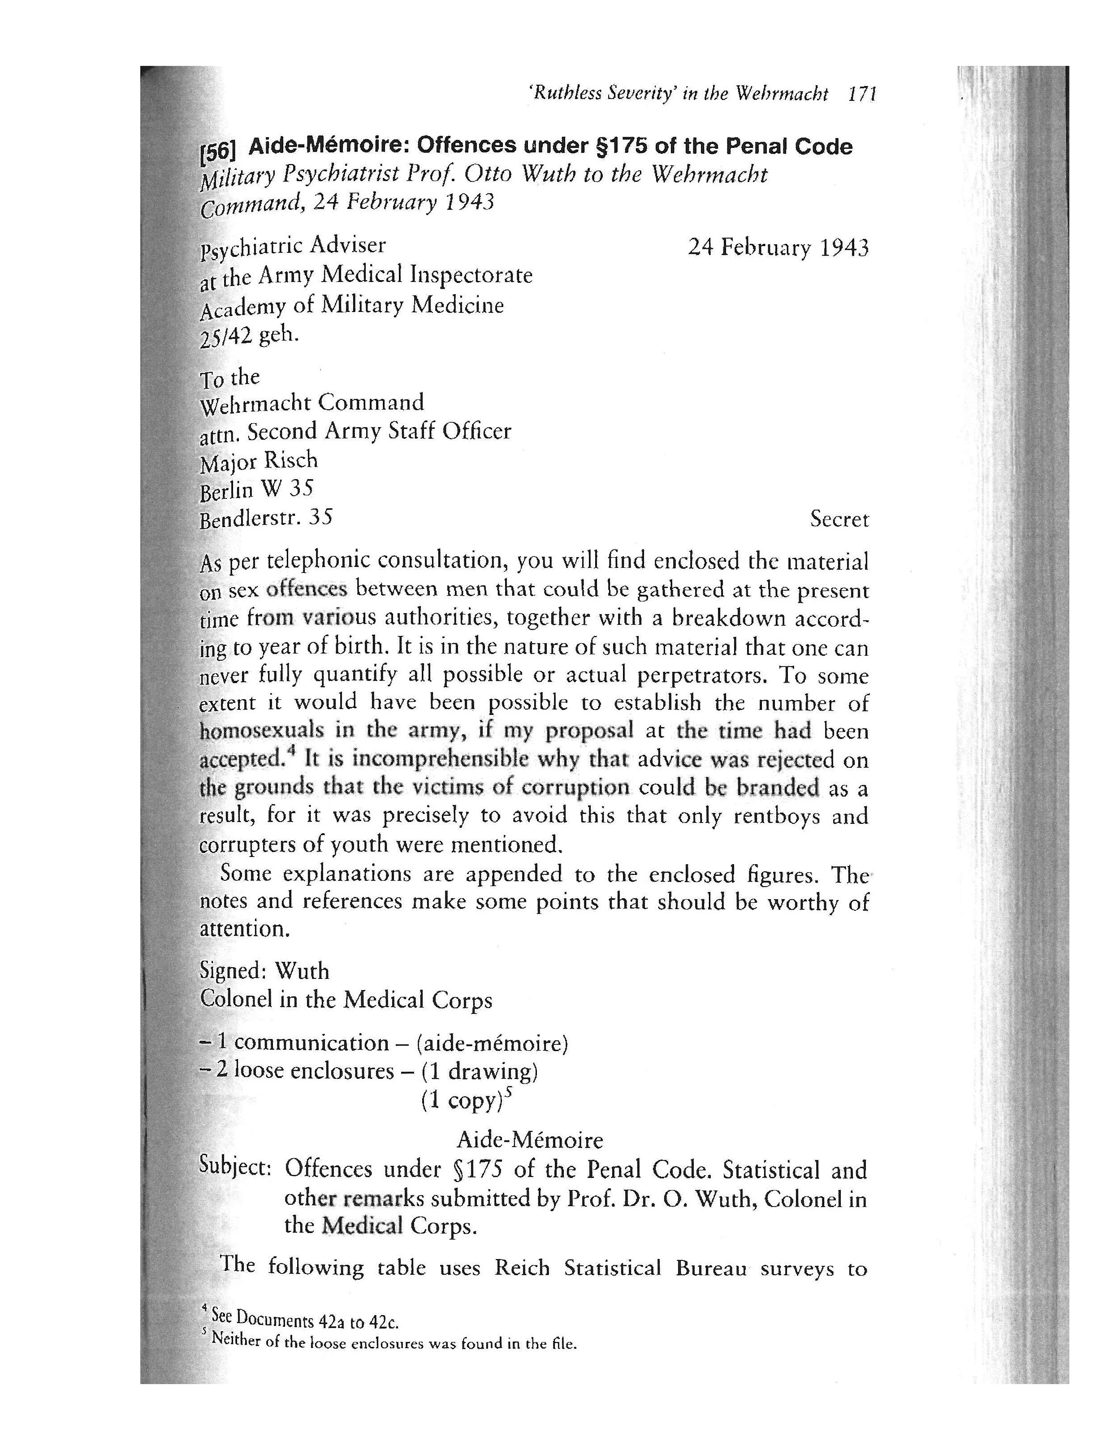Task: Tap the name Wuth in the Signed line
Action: pos(302,971)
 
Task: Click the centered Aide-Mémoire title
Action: pos(530,1140)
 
